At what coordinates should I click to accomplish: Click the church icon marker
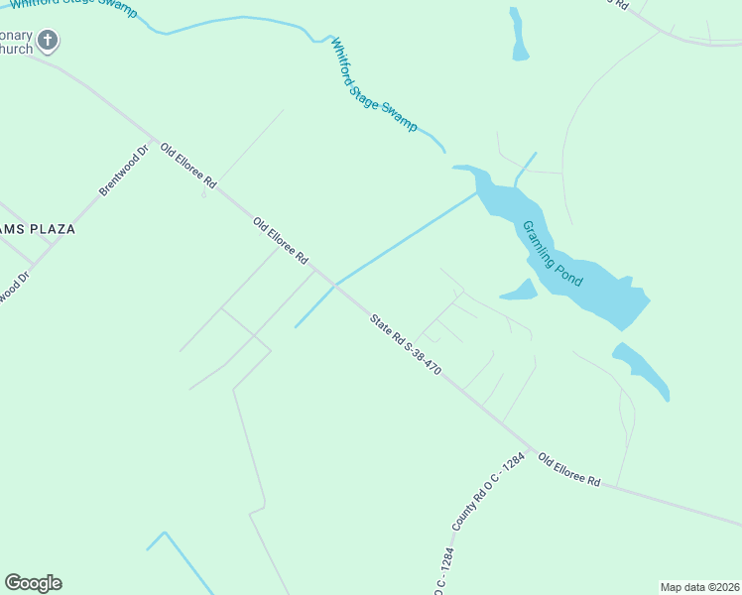(x=48, y=41)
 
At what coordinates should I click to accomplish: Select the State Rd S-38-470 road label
(x=405, y=344)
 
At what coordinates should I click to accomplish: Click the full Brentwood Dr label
(x=123, y=170)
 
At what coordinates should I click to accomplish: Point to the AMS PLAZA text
(x=38, y=229)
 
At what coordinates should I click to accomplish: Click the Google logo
(x=33, y=583)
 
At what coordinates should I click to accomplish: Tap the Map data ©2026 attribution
(x=699, y=587)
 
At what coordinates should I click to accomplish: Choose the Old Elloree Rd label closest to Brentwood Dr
(x=188, y=164)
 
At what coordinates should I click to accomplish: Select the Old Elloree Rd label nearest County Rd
(x=569, y=469)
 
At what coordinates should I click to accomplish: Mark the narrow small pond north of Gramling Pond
(x=519, y=35)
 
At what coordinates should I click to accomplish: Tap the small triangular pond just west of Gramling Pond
(x=520, y=291)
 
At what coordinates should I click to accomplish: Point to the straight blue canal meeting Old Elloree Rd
(x=397, y=243)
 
